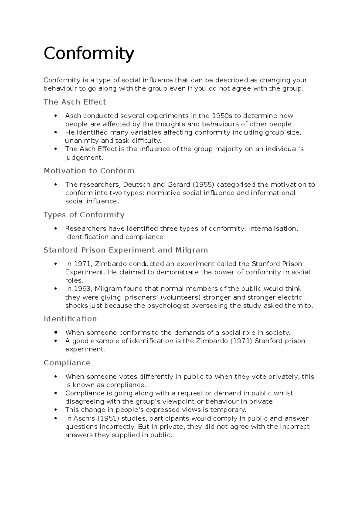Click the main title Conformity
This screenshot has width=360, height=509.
tap(88, 54)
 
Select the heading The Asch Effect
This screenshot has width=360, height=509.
tap(75, 102)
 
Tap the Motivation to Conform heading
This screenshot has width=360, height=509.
tap(89, 171)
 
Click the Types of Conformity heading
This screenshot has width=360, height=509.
tap(84, 215)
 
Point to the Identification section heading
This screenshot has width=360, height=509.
tap(70, 319)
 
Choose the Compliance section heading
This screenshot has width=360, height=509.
tap(67, 363)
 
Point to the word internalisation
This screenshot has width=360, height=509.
tap(273, 228)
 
